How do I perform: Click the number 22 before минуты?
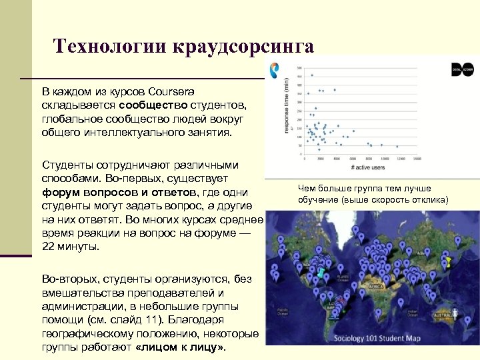[48, 246]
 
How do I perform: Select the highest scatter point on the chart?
[311, 75]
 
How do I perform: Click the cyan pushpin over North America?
[321, 273]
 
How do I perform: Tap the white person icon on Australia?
[455, 311]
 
